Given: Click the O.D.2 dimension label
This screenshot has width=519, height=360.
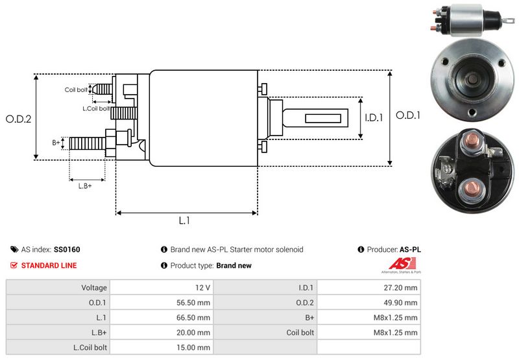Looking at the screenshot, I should point(19,119).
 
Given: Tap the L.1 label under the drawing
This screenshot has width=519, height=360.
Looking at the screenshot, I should point(184,221).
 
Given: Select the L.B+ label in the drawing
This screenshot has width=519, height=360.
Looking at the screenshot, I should point(85,186).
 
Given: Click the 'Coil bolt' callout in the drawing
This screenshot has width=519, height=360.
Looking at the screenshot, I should point(76,90).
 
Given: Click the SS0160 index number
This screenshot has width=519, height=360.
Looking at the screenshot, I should point(67,249).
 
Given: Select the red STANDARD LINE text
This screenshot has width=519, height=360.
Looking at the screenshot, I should point(49,265).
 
